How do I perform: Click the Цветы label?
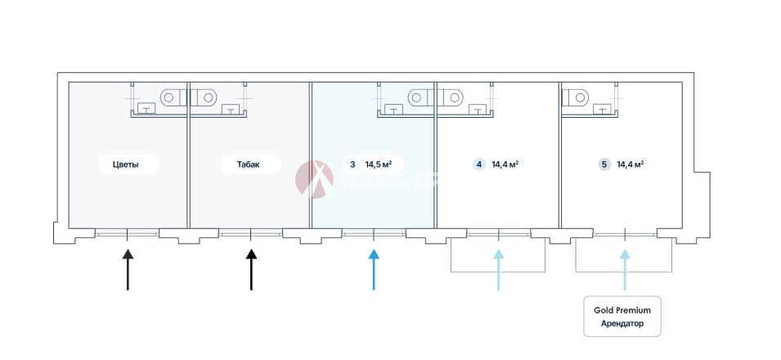pyautogui.click(x=125, y=164)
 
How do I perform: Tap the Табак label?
pyautogui.click(x=249, y=164)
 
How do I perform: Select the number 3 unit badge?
pyautogui.click(x=352, y=164)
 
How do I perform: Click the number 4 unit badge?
pyautogui.click(x=478, y=164)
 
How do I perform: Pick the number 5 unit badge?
pyautogui.click(x=604, y=164)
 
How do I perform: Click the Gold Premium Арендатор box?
pyautogui.click(x=622, y=317)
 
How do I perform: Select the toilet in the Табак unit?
pyautogui.click(x=207, y=97)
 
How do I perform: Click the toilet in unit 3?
pyautogui.click(x=418, y=97)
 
